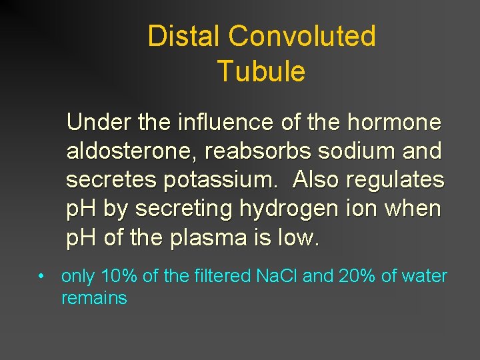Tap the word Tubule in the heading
click(261, 71)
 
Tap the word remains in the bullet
click(94, 298)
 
